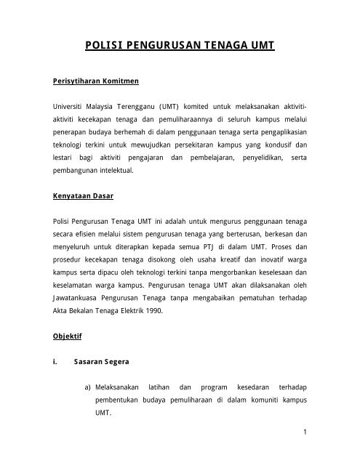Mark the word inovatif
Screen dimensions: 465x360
(276, 264)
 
